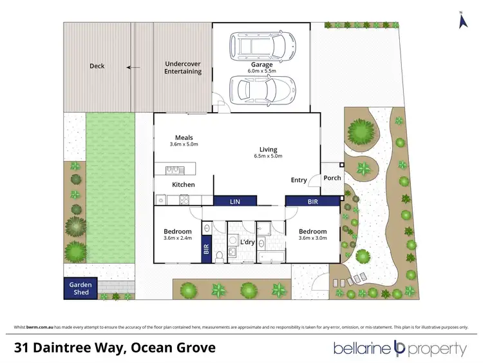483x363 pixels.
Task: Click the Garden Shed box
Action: pyautogui.click(x=80, y=288)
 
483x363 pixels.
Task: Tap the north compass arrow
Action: pyautogui.click(x=461, y=21)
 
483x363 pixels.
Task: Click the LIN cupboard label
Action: pyautogui.click(x=235, y=202)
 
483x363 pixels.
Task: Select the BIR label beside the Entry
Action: pyautogui.click(x=313, y=202)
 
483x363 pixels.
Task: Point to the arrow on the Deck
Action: pyautogui.click(x=133, y=66)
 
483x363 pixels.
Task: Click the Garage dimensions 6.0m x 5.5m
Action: pyautogui.click(x=261, y=73)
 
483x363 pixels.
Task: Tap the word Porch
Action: pyautogui.click(x=332, y=178)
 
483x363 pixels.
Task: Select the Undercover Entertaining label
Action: pyautogui.click(x=183, y=68)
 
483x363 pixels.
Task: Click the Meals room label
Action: pyautogui.click(x=184, y=137)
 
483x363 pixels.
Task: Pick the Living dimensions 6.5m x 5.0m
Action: pyautogui.click(x=269, y=156)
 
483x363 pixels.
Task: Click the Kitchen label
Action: pyautogui.click(x=183, y=185)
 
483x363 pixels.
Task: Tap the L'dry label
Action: pyautogui.click(x=248, y=242)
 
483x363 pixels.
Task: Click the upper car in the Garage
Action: pyautogui.click(x=262, y=46)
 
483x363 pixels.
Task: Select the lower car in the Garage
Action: pyautogui.click(x=262, y=89)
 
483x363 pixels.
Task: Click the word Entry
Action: pyautogui.click(x=299, y=180)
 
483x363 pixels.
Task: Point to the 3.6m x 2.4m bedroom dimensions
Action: pyautogui.click(x=177, y=239)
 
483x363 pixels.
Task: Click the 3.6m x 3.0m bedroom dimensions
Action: pyautogui.click(x=312, y=239)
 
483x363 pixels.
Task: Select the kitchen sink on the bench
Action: pyautogui.click(x=173, y=170)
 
